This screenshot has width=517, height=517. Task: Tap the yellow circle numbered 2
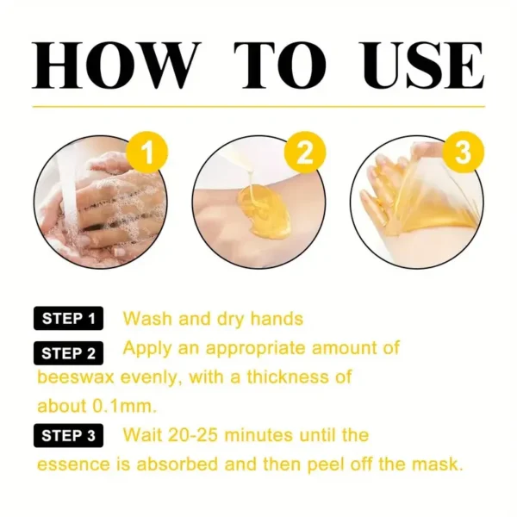[303, 154]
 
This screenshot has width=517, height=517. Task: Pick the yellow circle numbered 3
[462, 154]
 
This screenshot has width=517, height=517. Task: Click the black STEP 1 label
[68, 319]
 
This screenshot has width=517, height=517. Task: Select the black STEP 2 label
[68, 352]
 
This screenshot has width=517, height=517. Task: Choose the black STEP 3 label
[68, 436]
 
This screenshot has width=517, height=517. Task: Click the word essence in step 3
[73, 464]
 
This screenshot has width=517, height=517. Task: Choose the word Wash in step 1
[147, 319]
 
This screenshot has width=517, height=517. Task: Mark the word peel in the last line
[318, 464]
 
